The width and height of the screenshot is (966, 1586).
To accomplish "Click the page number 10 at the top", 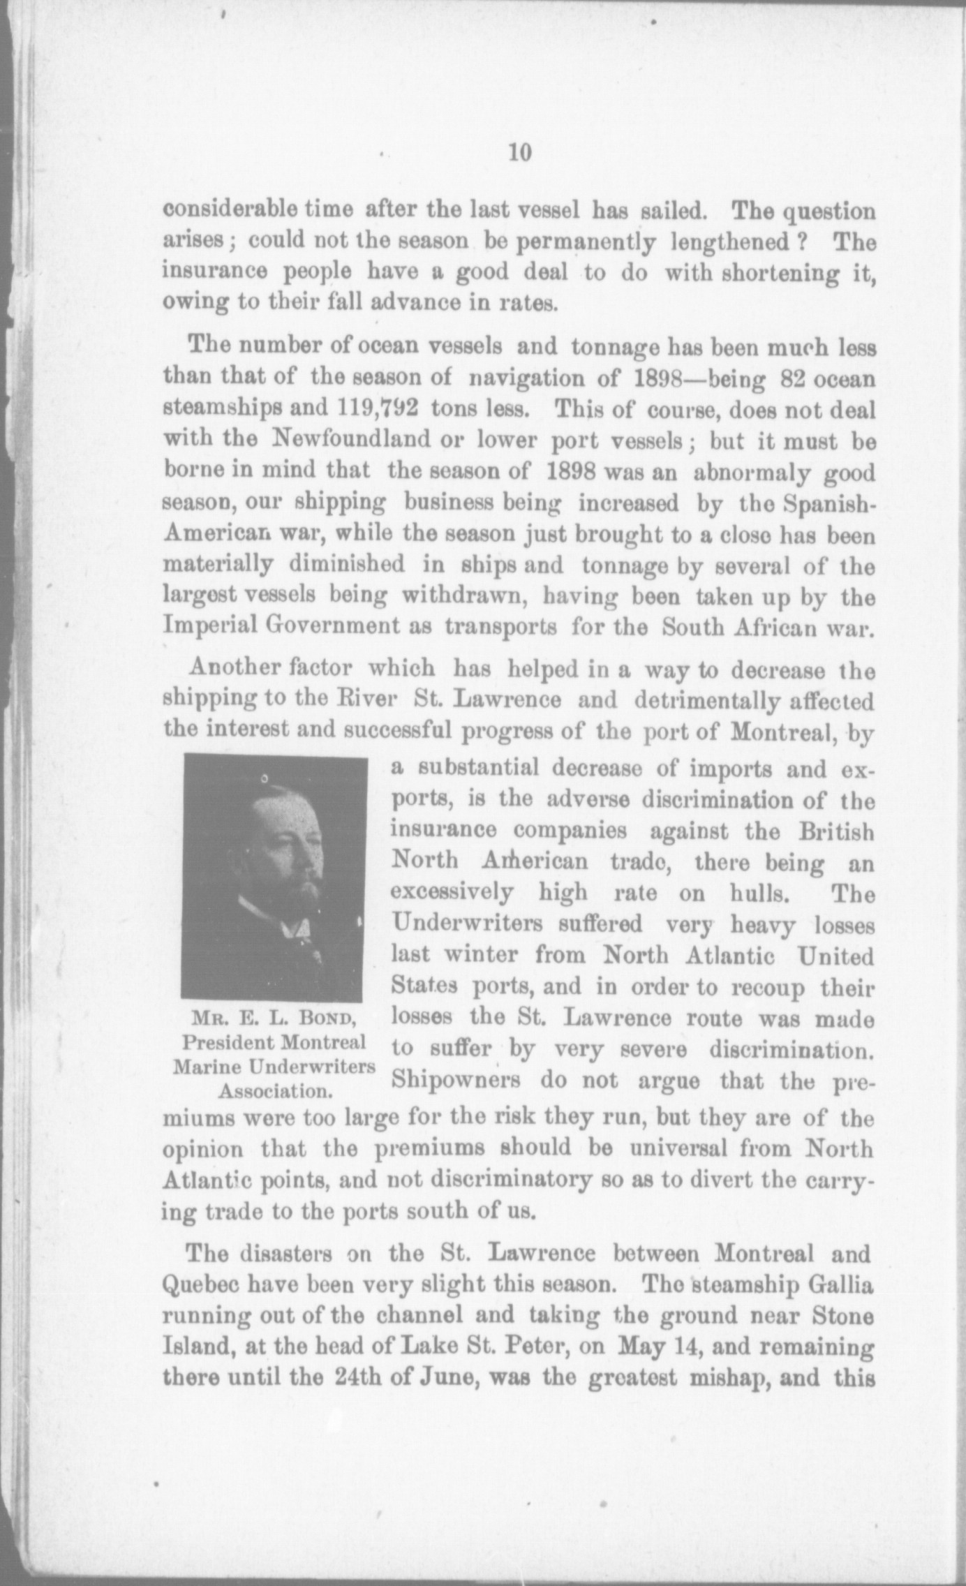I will pos(520,153).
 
